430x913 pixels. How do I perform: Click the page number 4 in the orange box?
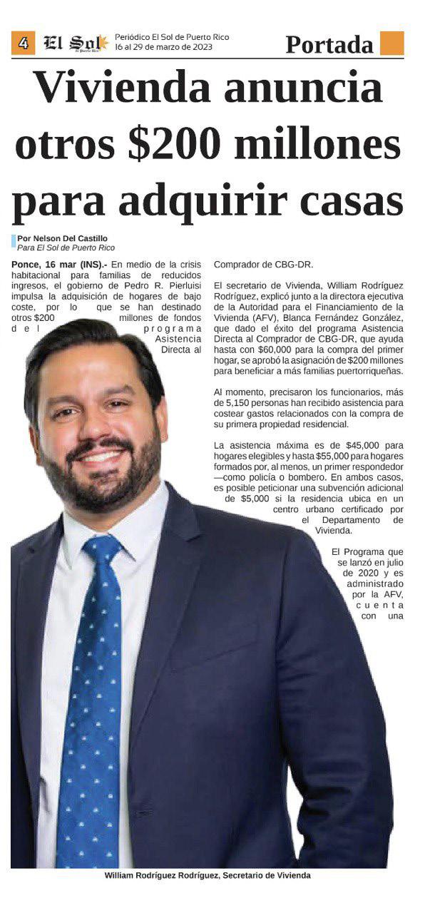(x=23, y=44)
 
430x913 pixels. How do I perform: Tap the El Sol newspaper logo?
(x=75, y=44)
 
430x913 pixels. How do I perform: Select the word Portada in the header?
(x=329, y=44)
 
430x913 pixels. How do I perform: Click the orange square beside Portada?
(x=391, y=44)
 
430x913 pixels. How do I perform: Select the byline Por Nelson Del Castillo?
(x=63, y=238)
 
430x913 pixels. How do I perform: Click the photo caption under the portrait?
(x=208, y=875)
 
